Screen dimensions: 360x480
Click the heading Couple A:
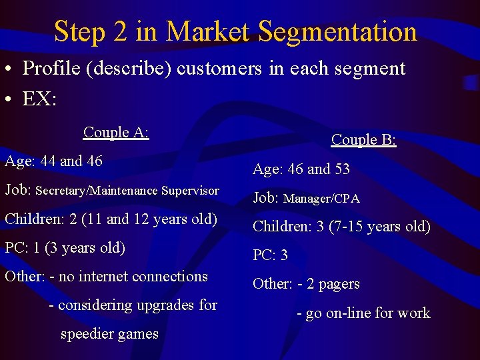tap(116, 132)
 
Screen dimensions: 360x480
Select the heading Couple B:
tap(364, 139)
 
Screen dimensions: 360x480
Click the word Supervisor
tap(189, 191)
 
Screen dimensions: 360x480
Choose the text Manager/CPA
tap(321, 198)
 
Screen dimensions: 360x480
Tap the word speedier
tap(87, 333)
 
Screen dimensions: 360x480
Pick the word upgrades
tap(166, 305)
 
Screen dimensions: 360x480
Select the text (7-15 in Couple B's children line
tap(346, 226)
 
